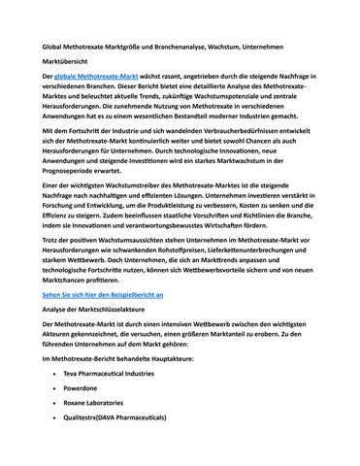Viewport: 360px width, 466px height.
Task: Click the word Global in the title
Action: [42, 46]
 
